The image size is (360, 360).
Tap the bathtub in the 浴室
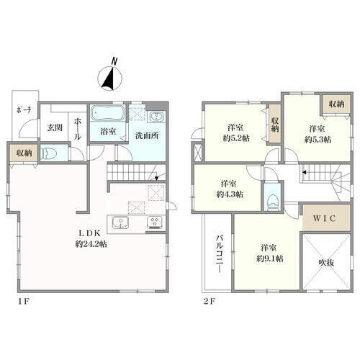108,113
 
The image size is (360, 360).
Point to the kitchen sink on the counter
121,222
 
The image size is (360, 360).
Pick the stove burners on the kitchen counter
155,222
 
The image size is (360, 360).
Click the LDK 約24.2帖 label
91,238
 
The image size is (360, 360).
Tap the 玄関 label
55,127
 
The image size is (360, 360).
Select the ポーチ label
24,110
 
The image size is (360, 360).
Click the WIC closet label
324,218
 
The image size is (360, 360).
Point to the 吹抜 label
326,263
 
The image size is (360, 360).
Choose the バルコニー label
220,254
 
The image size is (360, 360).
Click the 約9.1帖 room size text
270,258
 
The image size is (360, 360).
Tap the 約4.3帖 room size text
230,194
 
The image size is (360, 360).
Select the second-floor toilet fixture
273,202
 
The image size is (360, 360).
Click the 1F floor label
23,301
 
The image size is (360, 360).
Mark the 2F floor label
210,301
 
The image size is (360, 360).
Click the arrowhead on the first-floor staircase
156,179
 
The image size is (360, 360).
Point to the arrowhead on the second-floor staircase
304,172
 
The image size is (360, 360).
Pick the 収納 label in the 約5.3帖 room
336,104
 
